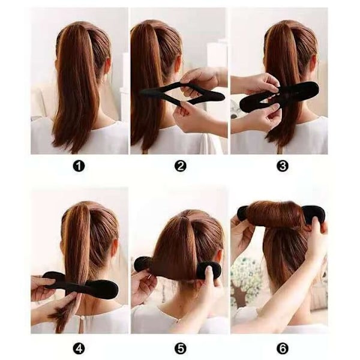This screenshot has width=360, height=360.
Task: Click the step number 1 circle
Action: click(79, 166)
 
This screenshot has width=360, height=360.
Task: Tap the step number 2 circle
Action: click(180, 166)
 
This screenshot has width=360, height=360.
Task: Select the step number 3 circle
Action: click(282, 166)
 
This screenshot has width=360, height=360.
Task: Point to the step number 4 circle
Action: click(79, 349)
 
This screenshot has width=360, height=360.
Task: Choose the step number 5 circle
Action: click(180, 349)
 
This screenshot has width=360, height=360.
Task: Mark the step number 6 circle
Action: click(282, 349)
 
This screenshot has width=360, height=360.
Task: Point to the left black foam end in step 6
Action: click(242, 212)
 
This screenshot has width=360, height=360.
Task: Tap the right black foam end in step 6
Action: click(313, 214)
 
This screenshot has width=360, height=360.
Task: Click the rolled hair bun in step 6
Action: click(275, 214)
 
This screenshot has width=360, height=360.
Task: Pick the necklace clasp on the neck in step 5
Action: click(177, 320)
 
